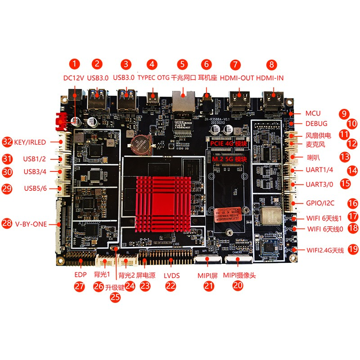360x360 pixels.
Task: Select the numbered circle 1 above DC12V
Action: point(75,64)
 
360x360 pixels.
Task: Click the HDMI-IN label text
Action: point(270,78)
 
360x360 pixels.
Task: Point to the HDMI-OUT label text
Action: point(237,78)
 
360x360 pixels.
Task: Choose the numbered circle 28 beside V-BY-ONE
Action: point(7,224)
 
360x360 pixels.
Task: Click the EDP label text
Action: point(80,274)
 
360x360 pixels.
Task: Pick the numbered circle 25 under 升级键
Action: point(116,297)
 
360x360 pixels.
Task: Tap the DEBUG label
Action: point(316,123)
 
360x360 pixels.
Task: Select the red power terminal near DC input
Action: point(60,120)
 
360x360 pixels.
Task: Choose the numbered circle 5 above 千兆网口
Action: point(182,64)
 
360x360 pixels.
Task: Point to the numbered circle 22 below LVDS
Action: point(171,285)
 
